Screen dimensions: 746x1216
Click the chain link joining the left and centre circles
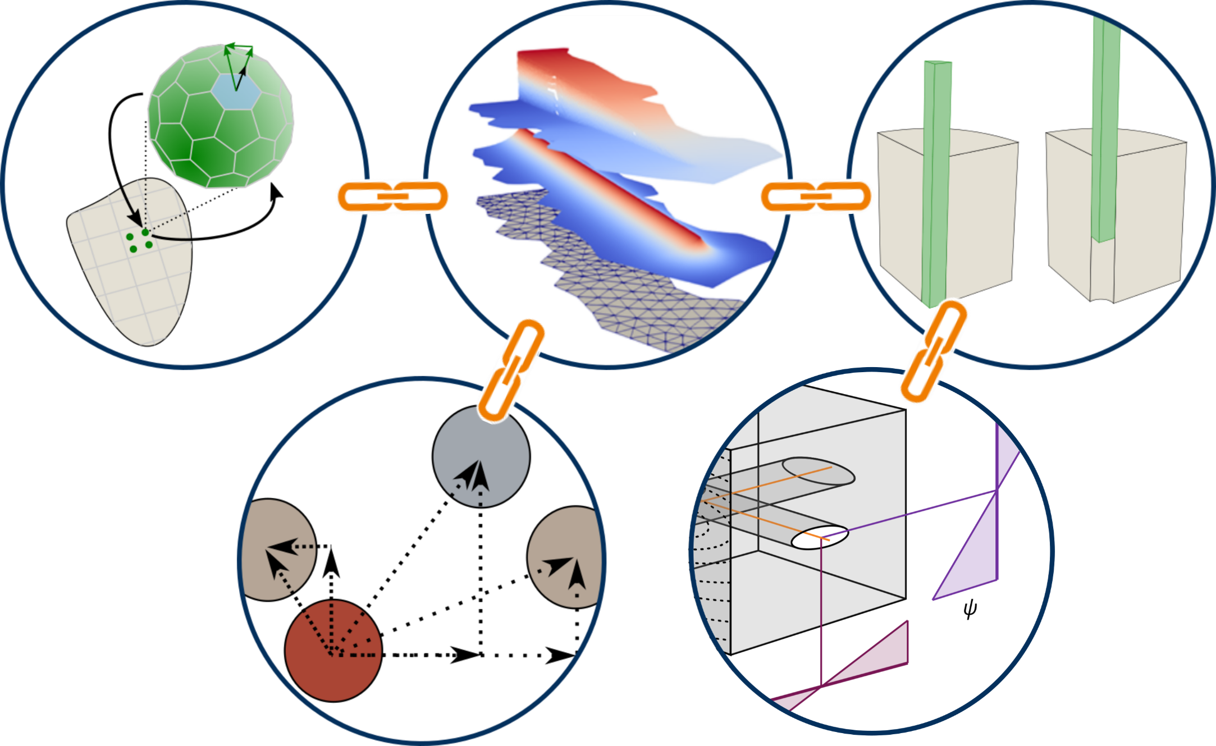pos(391,196)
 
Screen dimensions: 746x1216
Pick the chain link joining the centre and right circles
pos(817,196)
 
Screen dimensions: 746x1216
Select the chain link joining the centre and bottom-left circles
pos(510,370)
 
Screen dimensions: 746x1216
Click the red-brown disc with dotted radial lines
pos(333,651)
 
